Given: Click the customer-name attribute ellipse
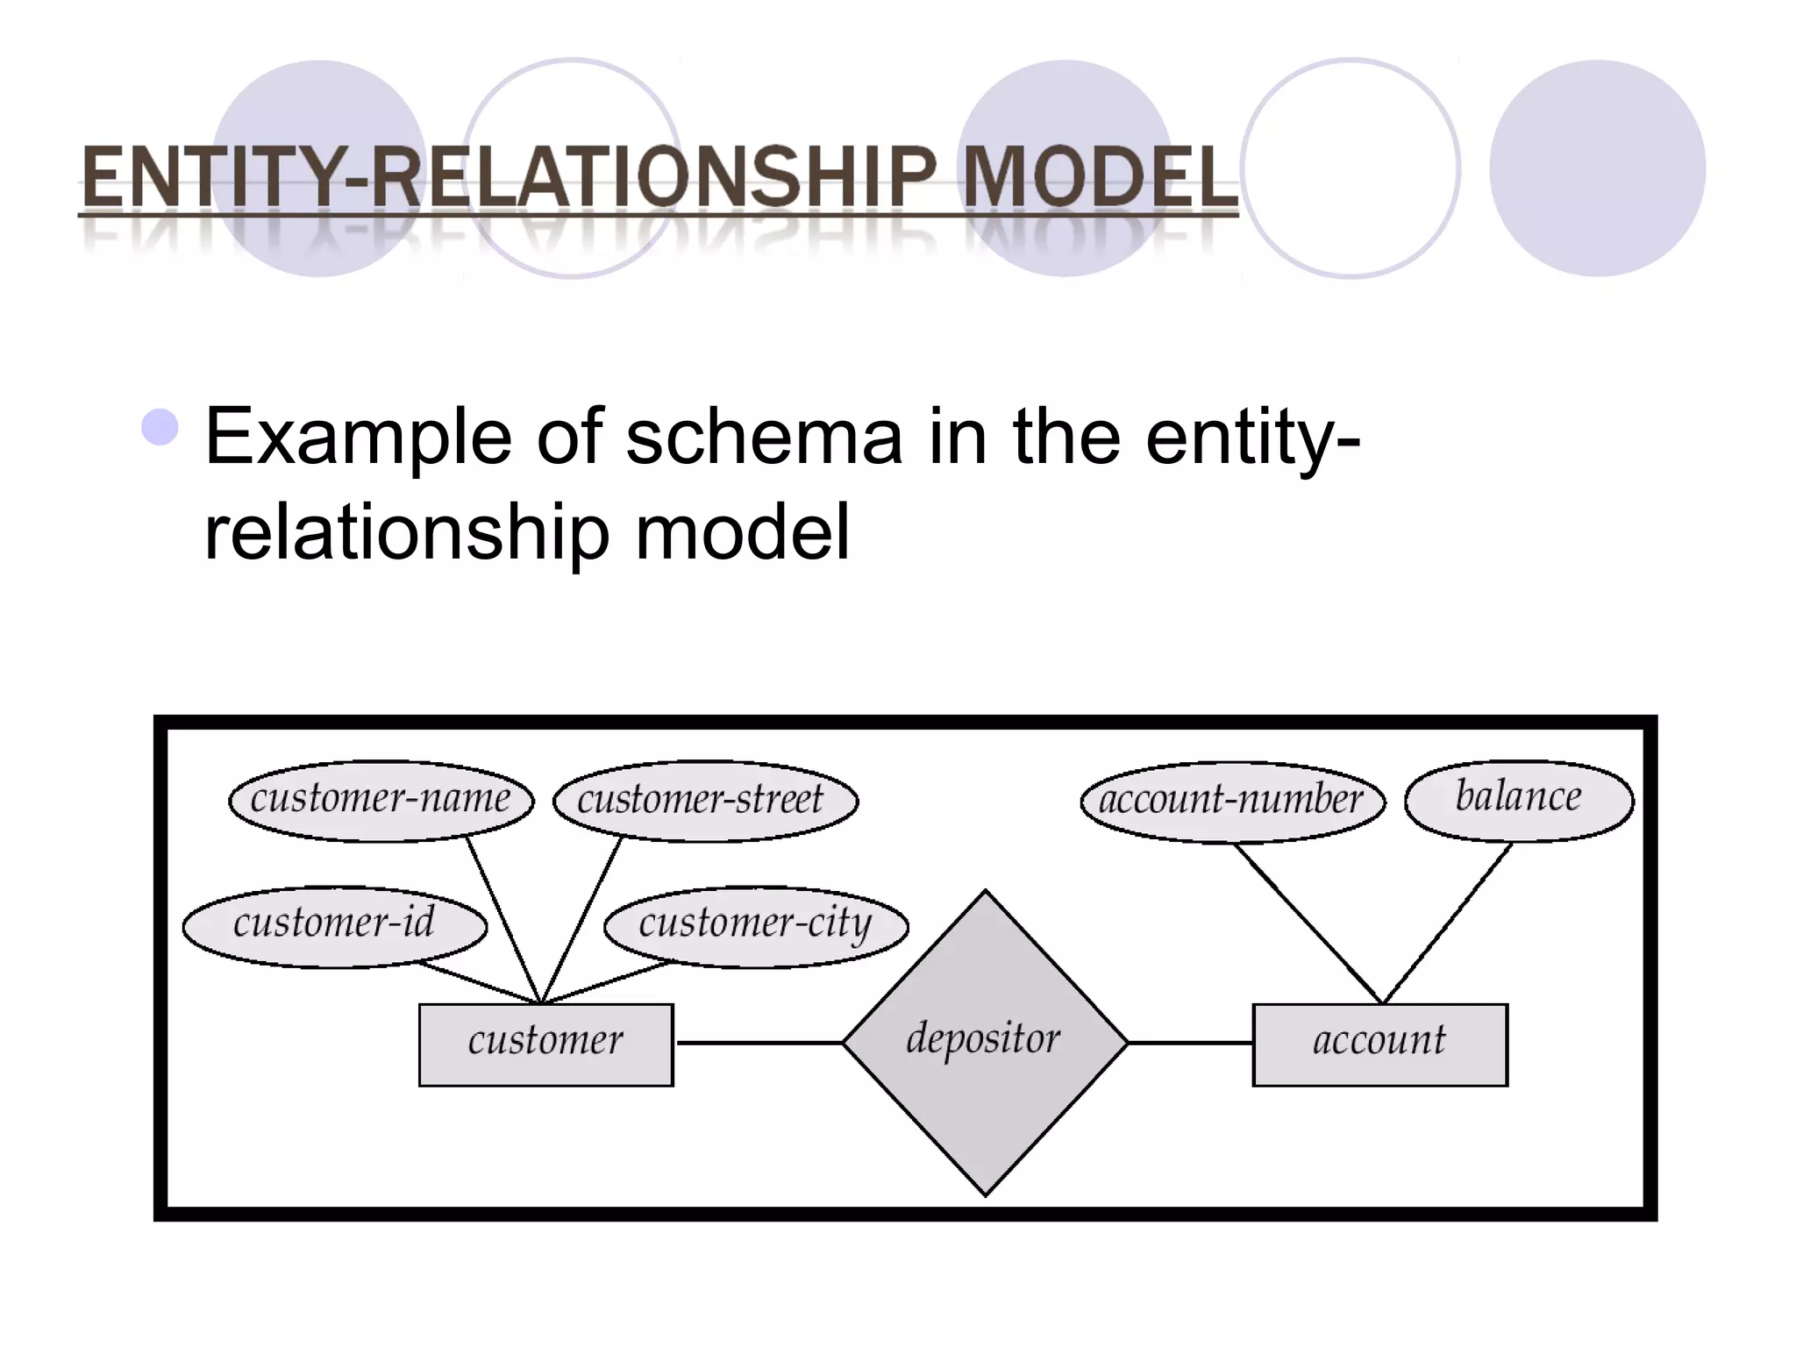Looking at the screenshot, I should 381,800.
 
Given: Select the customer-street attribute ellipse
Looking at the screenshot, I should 705,800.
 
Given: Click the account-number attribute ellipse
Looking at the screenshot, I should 1232,801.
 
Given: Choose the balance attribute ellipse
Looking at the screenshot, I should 1519,799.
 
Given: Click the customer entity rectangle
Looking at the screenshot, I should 545,1044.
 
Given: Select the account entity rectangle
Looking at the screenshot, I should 1379,1044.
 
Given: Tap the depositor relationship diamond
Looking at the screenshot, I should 985,1043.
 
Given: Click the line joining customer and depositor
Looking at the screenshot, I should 759,1043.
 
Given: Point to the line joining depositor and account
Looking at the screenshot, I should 1190,1043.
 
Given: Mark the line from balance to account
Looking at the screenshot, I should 1447,923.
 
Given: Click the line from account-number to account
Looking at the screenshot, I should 1308,923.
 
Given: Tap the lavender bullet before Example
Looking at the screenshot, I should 160,428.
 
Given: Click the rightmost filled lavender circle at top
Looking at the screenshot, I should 1597,168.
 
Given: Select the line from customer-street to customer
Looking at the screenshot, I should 582,919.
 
